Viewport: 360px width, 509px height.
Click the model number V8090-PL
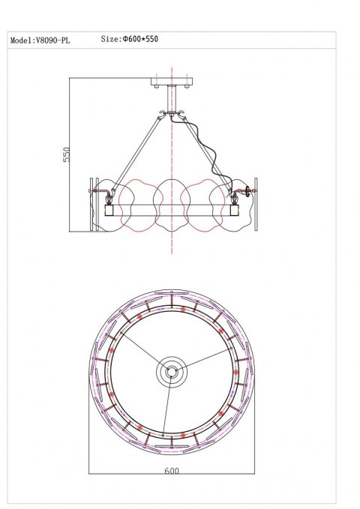pyautogui.click(x=53, y=42)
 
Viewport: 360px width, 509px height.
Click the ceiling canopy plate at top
pyautogui.click(x=172, y=82)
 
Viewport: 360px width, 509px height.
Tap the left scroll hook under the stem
pyautogui.click(x=163, y=116)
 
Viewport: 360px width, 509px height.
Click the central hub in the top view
pyautogui.click(x=172, y=371)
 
